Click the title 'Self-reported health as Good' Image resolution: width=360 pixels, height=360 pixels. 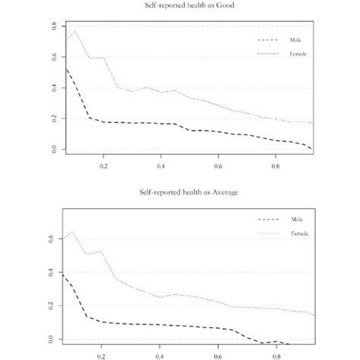(181, 6)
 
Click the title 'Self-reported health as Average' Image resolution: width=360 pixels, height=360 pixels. (181, 192)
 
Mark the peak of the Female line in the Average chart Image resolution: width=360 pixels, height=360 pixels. (72, 232)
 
